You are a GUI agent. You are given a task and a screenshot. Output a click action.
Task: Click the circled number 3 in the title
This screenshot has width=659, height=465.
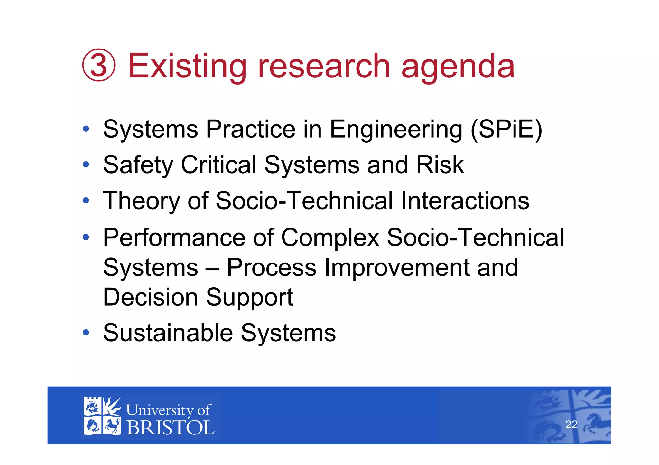point(98,65)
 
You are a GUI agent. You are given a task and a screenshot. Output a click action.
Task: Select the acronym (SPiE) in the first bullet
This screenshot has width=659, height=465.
point(506,130)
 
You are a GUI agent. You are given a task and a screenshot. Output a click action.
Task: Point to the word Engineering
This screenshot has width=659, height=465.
point(396,130)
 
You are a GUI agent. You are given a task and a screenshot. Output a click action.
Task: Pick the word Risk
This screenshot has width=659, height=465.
point(440,165)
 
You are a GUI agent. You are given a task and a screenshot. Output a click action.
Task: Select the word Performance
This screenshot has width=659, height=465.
point(174,237)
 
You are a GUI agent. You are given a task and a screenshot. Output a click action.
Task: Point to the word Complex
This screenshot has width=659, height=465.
point(330,237)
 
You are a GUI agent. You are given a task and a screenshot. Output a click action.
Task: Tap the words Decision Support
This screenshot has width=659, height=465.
point(198,297)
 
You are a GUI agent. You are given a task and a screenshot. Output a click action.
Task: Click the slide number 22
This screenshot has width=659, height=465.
point(571,425)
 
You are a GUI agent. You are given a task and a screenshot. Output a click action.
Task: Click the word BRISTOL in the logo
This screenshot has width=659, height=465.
point(170,428)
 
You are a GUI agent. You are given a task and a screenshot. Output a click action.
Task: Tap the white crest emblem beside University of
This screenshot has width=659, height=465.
point(102,416)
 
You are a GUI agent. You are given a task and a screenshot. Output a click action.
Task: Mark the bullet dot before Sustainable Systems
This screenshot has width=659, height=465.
point(86,332)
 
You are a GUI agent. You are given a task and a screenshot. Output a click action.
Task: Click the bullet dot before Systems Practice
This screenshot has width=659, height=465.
point(86,129)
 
